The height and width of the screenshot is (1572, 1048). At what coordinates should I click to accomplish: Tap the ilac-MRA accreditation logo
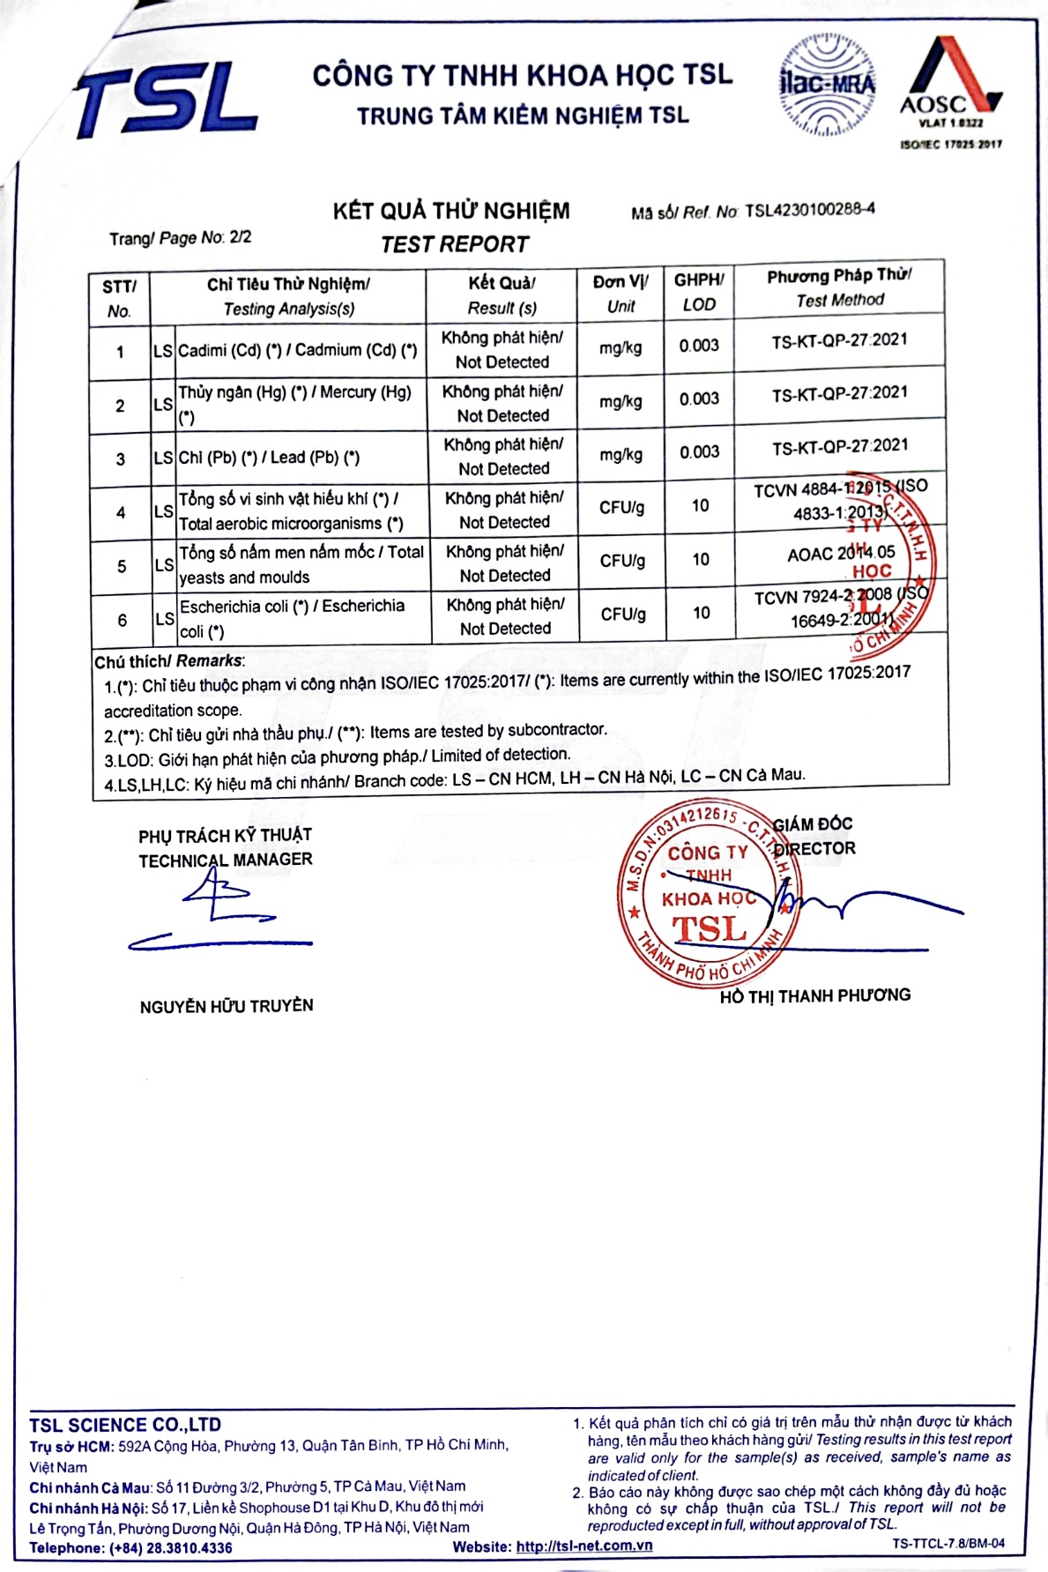826,85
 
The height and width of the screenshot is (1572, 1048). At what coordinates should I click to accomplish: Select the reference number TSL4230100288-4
809,210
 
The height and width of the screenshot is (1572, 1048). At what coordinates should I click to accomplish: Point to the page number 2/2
241,236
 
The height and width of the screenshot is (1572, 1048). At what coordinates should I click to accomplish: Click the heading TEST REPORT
455,244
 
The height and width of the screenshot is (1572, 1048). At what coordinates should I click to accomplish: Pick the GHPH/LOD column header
699,292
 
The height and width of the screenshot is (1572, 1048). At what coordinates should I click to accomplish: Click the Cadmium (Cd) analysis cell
298,350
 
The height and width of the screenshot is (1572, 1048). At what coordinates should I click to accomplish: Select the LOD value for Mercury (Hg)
699,399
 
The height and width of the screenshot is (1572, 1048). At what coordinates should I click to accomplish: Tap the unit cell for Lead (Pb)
621,454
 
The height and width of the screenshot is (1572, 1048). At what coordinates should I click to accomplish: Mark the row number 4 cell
121,512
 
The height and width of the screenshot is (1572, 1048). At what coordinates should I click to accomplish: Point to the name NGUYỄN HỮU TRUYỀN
227,1006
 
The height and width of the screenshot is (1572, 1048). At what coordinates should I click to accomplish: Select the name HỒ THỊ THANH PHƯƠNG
815,995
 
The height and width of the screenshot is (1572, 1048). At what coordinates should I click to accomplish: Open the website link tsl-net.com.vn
584,1546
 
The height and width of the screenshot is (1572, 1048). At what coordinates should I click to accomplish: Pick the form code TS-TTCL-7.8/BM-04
948,1543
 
